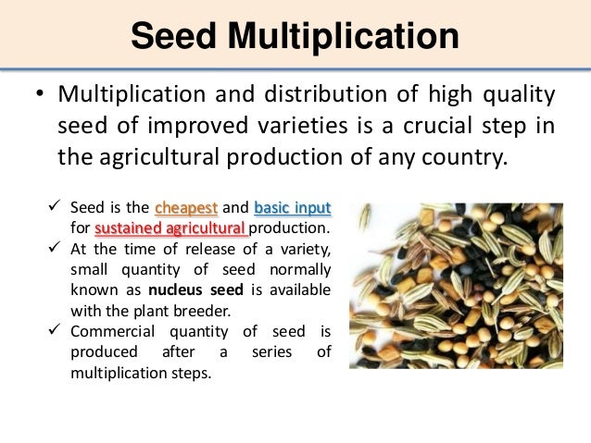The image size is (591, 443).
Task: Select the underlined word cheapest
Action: (x=186, y=207)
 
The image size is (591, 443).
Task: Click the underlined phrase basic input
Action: (x=292, y=207)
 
